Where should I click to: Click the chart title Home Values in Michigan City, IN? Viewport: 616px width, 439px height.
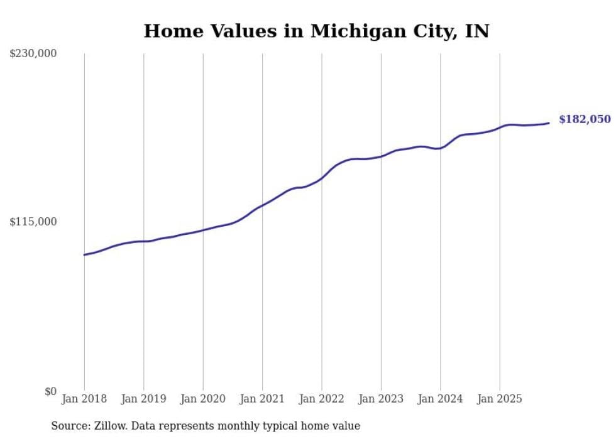tap(316, 31)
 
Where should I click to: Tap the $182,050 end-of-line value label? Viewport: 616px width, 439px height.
tap(585, 119)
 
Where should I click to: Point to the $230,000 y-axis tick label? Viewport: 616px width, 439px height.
tap(33, 54)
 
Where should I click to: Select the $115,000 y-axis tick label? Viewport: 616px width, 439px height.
tap(33, 222)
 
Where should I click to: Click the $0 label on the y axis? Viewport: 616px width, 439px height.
tap(50, 391)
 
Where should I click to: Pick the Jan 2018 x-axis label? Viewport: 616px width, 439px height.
tap(84, 399)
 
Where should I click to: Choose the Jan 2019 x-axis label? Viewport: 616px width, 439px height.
tap(144, 399)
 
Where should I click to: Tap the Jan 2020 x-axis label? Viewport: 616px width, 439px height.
tap(203, 399)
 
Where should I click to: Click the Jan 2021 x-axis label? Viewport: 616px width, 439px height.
tap(262, 399)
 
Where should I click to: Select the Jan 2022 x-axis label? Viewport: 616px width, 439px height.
tap(322, 399)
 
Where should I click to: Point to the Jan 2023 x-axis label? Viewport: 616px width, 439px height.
tap(381, 399)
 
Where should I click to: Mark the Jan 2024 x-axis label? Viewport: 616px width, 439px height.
tap(440, 399)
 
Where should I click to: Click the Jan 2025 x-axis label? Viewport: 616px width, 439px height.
tap(500, 399)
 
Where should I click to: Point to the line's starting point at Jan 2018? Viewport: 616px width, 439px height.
tap(84, 254)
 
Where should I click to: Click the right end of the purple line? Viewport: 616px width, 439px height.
tap(549, 123)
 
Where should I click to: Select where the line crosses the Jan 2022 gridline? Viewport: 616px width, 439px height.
tap(322, 178)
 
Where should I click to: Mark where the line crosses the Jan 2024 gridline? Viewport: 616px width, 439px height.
tap(440, 148)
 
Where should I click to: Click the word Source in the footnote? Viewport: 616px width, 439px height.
tap(68, 426)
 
